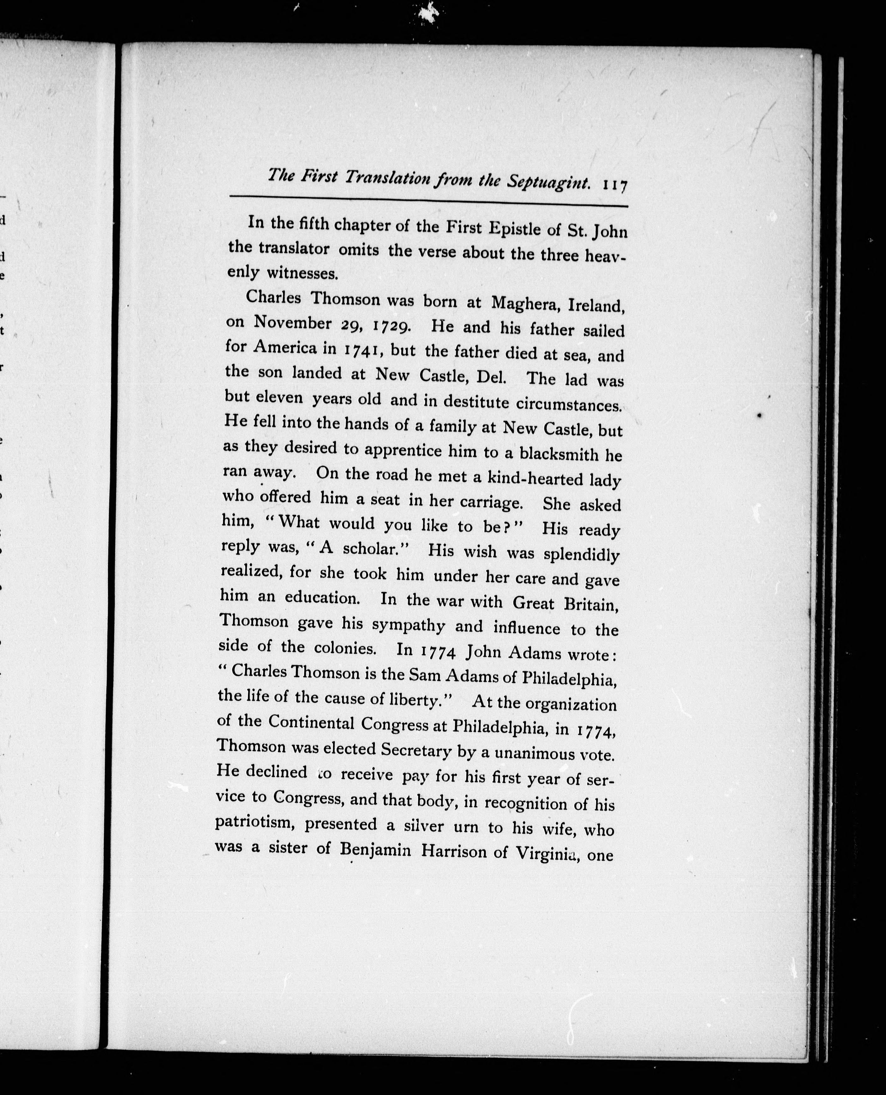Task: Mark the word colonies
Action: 345,648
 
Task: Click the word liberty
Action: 420,699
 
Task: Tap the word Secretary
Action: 416,749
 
